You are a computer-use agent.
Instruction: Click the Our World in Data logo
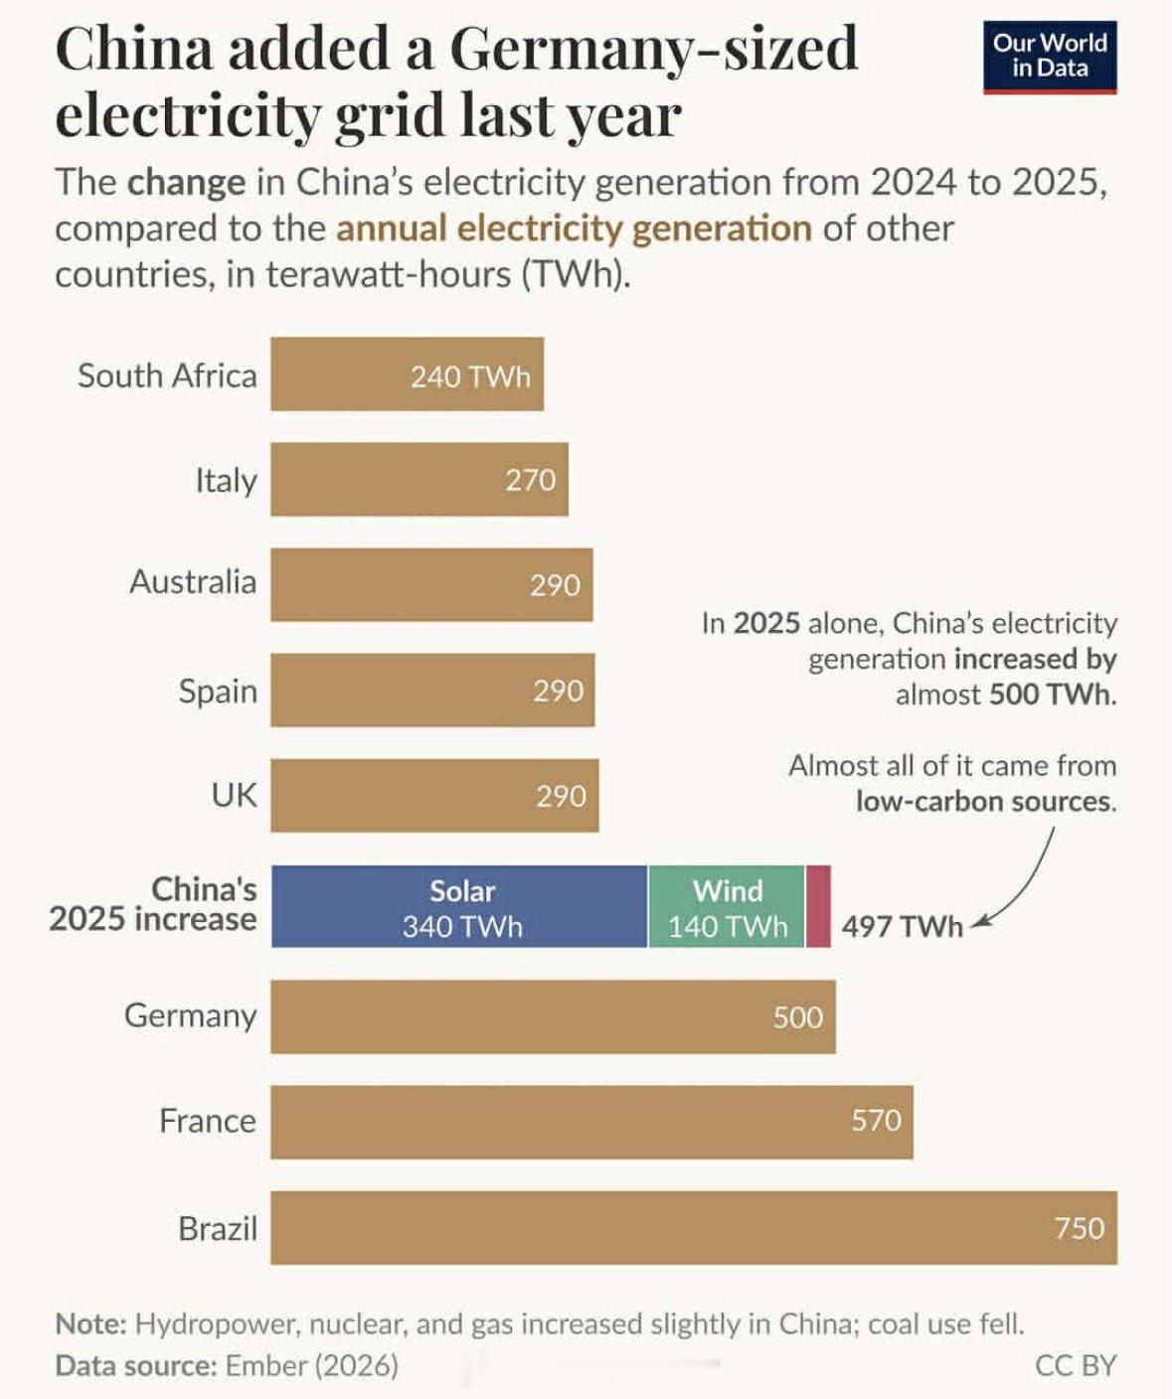[1050, 57]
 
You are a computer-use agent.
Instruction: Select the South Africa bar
[407, 374]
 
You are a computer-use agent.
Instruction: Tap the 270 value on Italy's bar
[531, 480]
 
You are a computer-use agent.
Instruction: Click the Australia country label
[193, 581]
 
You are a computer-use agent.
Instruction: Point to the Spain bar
[432, 691]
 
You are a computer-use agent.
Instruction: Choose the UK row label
[234, 795]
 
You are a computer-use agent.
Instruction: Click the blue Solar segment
[459, 906]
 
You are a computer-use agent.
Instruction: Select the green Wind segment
[726, 906]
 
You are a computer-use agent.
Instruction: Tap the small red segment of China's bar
[818, 906]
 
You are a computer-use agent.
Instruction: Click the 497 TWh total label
[902, 927]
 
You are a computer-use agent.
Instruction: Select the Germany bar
[553, 1017]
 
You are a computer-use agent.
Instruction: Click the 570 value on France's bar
[877, 1120]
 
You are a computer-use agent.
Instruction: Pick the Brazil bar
[694, 1227]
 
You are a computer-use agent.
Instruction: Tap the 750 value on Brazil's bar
[1080, 1228]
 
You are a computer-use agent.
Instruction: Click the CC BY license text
[1076, 1365]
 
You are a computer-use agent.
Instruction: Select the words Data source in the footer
[135, 1365]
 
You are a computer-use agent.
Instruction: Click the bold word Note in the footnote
[90, 1323]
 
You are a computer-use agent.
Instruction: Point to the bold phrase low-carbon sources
[986, 801]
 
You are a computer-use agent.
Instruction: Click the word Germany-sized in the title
[654, 49]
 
